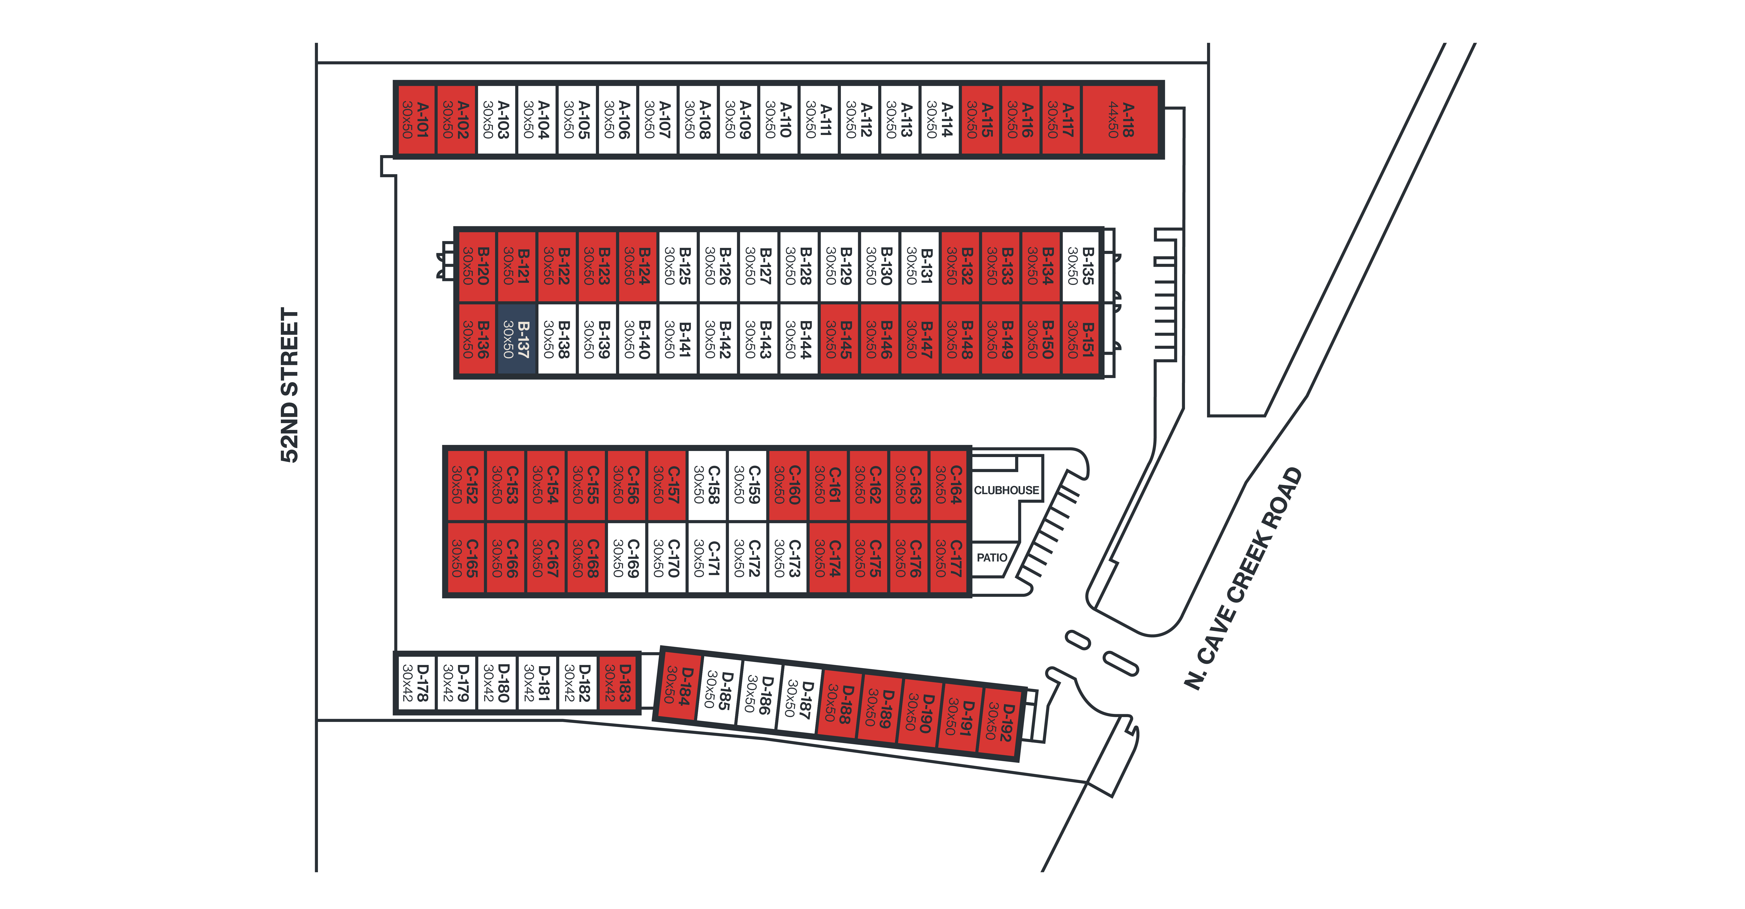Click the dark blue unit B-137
tap(517, 339)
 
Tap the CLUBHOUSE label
tap(1006, 490)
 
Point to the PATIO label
tap(992, 557)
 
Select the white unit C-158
tap(707, 484)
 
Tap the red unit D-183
tap(618, 683)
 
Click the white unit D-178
tap(415, 683)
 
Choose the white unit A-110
tap(778, 120)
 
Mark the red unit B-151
tap(1081, 339)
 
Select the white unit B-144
tap(799, 339)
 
